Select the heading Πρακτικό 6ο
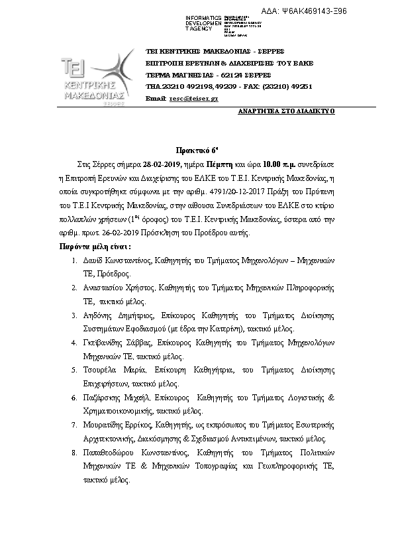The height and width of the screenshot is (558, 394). (x=197, y=151)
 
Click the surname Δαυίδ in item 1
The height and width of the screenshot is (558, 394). (x=97, y=260)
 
